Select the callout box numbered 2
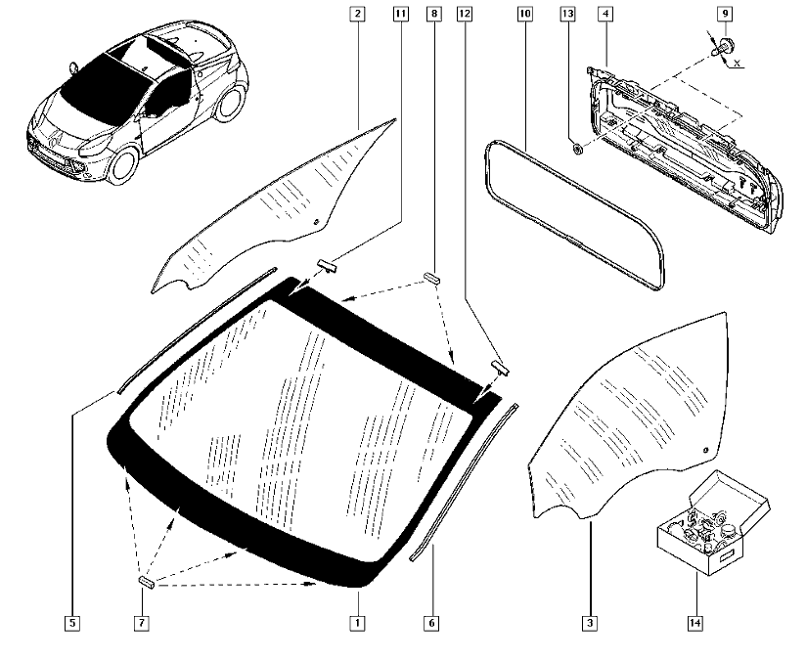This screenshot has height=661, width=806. tap(358, 14)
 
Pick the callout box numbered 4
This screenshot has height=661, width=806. tap(605, 14)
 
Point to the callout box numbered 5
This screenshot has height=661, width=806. tap(72, 622)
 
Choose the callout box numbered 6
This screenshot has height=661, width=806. tap(430, 622)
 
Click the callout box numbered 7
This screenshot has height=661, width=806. tap(142, 622)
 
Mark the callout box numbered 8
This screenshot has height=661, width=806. tap(433, 14)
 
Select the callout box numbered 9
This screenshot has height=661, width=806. tap(725, 14)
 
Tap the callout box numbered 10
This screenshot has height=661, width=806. tap(524, 14)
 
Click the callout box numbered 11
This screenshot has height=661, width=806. tap(400, 14)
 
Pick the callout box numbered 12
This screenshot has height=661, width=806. tap(465, 14)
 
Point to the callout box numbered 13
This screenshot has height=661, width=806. tap(567, 14)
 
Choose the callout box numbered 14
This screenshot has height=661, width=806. tap(695, 622)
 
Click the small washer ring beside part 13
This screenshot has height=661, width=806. tap(577, 150)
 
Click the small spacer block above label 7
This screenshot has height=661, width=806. tap(146, 581)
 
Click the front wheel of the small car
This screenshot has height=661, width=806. tap(117, 166)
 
